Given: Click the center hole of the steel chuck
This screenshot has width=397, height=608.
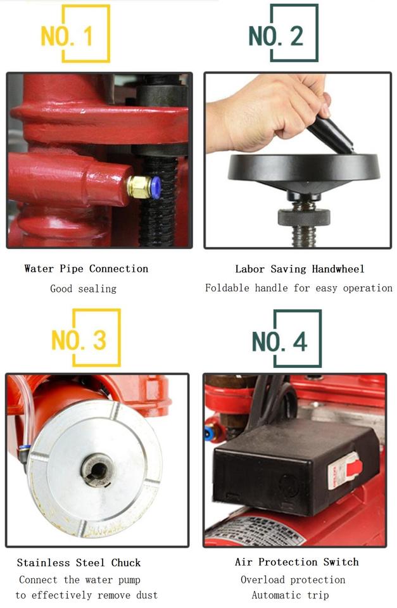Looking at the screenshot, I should (98, 469).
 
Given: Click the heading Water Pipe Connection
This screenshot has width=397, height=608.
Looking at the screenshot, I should (86, 269).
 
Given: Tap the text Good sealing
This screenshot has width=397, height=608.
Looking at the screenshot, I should (84, 289).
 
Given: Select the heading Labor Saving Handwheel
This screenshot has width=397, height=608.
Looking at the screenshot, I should (299, 269).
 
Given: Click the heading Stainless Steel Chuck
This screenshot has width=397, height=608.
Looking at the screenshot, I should (79, 562).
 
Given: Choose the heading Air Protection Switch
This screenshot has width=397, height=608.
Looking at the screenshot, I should (296, 562).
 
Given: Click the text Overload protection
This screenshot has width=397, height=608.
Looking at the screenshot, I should (293, 579).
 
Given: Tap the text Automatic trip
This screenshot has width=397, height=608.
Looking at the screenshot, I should (290, 595).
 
